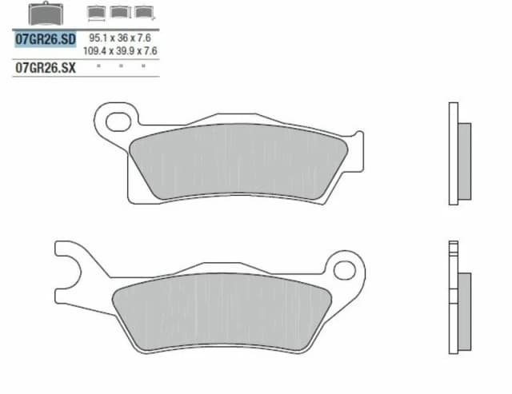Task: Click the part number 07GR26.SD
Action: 46,38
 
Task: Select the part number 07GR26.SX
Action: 46,69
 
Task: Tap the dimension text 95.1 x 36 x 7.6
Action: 120,38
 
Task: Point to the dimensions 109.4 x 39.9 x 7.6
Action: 120,50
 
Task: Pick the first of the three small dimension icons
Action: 96,12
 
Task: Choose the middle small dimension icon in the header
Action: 120,12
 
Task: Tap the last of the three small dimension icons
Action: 144,12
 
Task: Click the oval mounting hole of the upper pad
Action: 118,121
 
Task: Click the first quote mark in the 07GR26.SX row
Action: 98,67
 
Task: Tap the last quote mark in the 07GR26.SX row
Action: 143,67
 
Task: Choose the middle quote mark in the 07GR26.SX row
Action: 120,67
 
